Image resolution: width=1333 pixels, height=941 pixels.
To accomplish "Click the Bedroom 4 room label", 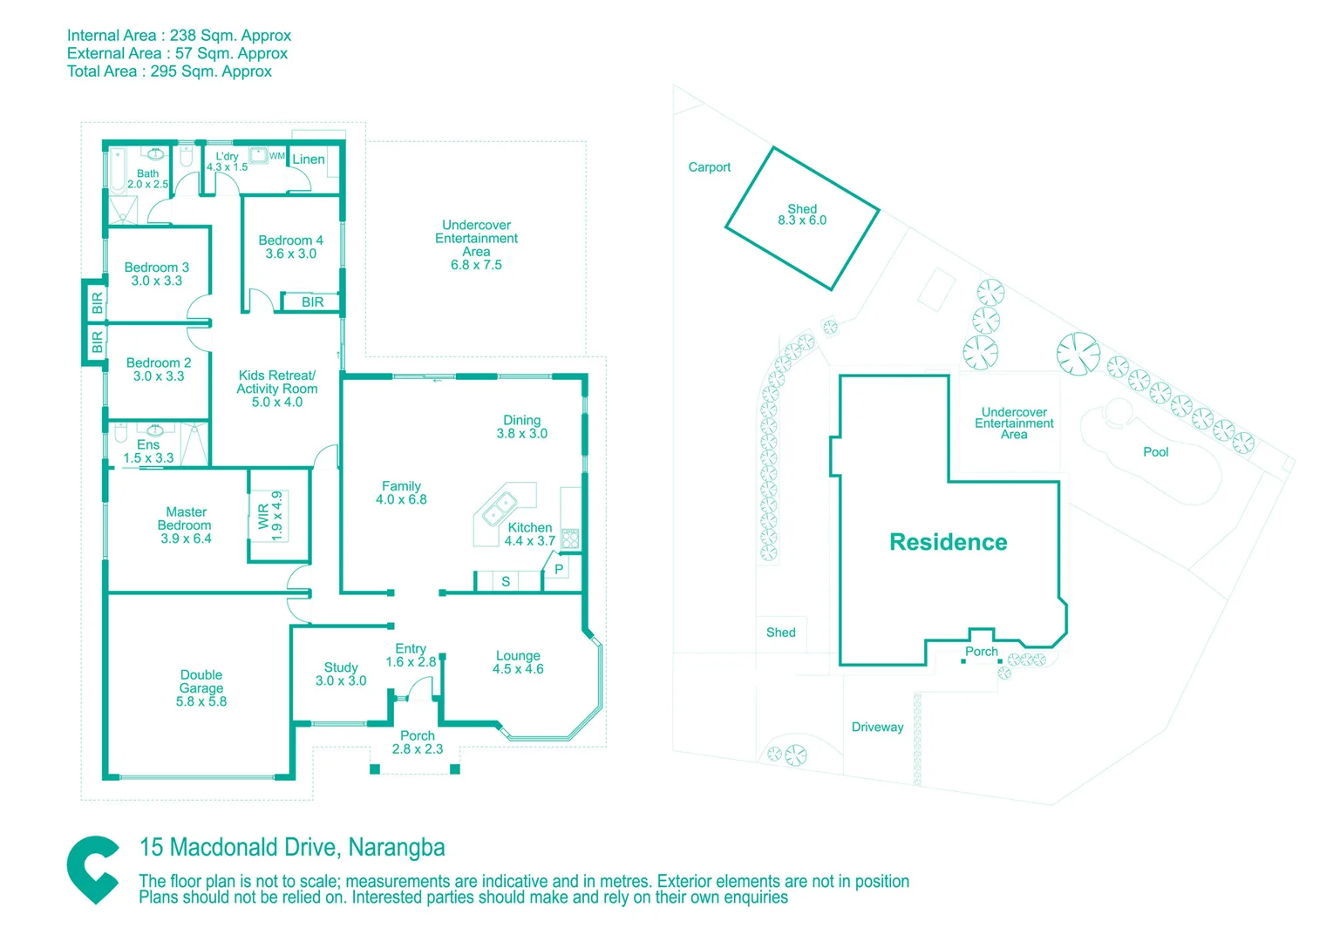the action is pyautogui.click(x=290, y=240).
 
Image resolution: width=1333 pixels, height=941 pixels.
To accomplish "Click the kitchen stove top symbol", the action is pyautogui.click(x=570, y=538).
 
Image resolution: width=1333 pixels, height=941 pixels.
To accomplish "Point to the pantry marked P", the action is pyautogui.click(x=559, y=570).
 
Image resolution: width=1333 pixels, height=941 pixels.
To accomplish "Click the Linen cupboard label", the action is pyautogui.click(x=309, y=159).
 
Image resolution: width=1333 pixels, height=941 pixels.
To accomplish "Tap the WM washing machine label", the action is pyautogui.click(x=276, y=156).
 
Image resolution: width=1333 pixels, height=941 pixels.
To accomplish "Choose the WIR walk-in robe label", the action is pyautogui.click(x=264, y=516).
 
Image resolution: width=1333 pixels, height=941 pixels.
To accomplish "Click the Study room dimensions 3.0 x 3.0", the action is pyautogui.click(x=341, y=681).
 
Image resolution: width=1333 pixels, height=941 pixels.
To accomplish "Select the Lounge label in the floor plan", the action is pyautogui.click(x=518, y=656).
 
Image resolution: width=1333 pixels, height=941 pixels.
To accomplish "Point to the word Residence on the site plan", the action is pyautogui.click(x=948, y=542).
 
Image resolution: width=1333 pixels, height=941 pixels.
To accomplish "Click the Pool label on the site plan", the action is pyautogui.click(x=1155, y=452).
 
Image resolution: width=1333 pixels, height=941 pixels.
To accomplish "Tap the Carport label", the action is pyautogui.click(x=709, y=167).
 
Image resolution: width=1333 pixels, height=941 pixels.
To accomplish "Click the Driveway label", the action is pyautogui.click(x=877, y=728).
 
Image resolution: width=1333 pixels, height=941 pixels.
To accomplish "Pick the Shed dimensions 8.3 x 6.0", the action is pyautogui.click(x=802, y=220).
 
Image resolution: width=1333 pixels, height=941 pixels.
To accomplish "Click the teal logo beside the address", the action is pyautogui.click(x=93, y=869).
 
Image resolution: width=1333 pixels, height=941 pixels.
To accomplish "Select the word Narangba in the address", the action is pyautogui.click(x=397, y=847).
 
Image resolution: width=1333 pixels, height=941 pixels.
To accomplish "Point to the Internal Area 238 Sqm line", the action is pyautogui.click(x=179, y=36).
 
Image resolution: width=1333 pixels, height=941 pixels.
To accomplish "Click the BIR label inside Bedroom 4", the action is pyautogui.click(x=312, y=302).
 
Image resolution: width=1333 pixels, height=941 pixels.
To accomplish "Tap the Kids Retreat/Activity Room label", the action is pyautogui.click(x=277, y=382).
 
